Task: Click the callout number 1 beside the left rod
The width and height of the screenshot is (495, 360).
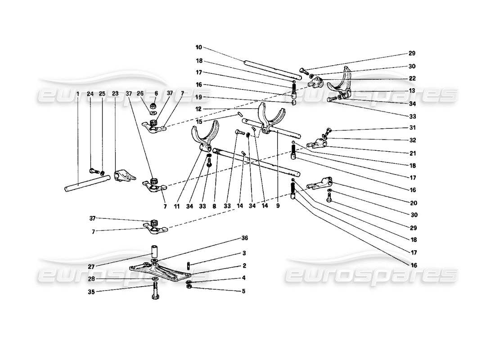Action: click(x=78, y=94)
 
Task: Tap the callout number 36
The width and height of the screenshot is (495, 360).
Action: click(x=244, y=238)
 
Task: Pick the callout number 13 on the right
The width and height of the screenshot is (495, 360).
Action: click(x=412, y=90)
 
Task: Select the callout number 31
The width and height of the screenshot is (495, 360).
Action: click(x=412, y=127)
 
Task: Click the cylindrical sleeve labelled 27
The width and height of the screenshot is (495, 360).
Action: click(x=154, y=250)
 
